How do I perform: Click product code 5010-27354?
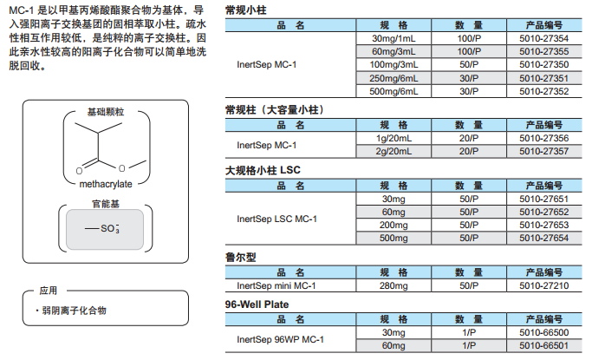(543, 38)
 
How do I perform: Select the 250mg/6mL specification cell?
(394, 78)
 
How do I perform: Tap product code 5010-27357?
(543, 151)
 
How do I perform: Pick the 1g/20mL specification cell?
(394, 138)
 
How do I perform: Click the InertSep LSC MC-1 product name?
(276, 219)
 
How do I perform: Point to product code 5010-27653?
(543, 225)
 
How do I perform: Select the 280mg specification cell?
(394, 285)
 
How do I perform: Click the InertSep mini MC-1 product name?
(276, 285)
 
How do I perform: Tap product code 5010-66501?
(543, 345)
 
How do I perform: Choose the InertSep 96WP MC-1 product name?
(280, 339)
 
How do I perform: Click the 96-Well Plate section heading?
(257, 304)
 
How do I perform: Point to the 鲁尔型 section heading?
(240, 258)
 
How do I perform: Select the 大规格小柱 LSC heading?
(263, 170)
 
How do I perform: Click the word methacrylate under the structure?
(106, 184)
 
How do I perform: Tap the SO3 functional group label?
(110, 228)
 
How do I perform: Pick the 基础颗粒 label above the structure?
(106, 112)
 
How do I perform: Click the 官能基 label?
(106, 204)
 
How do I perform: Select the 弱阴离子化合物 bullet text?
(74, 311)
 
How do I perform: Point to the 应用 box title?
(49, 291)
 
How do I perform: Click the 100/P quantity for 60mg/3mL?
(469, 51)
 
